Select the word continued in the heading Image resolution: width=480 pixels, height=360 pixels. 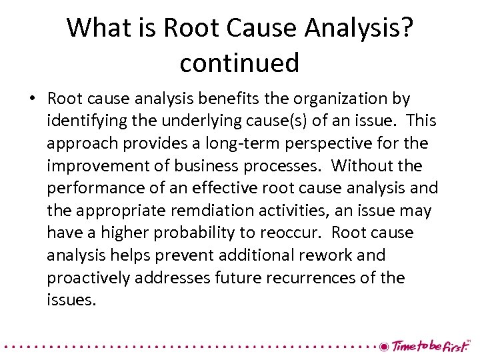point(239,63)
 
